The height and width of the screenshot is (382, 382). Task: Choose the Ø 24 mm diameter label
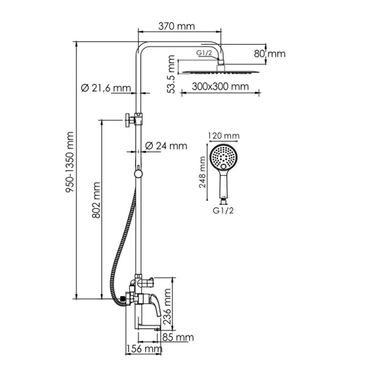click(x=166, y=146)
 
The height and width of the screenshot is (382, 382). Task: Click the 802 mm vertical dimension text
click(x=96, y=202)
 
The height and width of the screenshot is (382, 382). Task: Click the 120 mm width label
click(x=223, y=136)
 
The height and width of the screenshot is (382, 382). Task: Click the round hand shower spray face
click(x=223, y=156)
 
